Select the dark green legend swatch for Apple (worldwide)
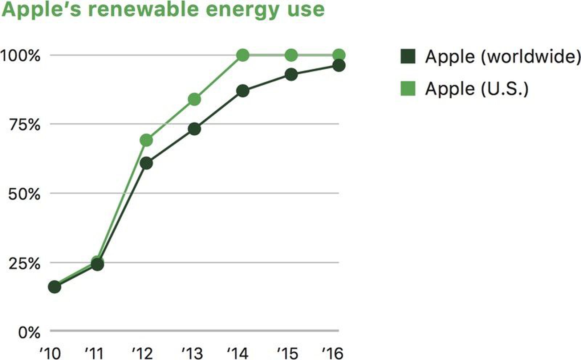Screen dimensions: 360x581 tap(408, 56)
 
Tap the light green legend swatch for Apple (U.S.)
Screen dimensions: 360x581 tap(408, 89)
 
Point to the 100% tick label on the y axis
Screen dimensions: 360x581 tap(20, 56)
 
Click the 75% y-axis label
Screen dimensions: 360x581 tap(24, 125)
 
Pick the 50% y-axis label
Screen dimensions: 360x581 tap(24, 194)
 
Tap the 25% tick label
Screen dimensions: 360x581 tap(24, 263)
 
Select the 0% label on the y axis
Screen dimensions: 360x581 tap(29, 332)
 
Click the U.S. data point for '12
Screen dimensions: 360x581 tap(146, 140)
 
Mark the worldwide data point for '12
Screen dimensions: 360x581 tap(146, 163)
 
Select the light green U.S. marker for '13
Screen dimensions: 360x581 tap(194, 99)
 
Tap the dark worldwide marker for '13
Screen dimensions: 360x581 tap(194, 129)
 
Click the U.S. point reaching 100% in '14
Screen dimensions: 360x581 tap(243, 56)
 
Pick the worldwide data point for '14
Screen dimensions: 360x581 tap(243, 91)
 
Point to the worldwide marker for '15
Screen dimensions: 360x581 tap(291, 75)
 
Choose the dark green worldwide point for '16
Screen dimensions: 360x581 tap(339, 66)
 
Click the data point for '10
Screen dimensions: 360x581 tap(54, 287)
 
